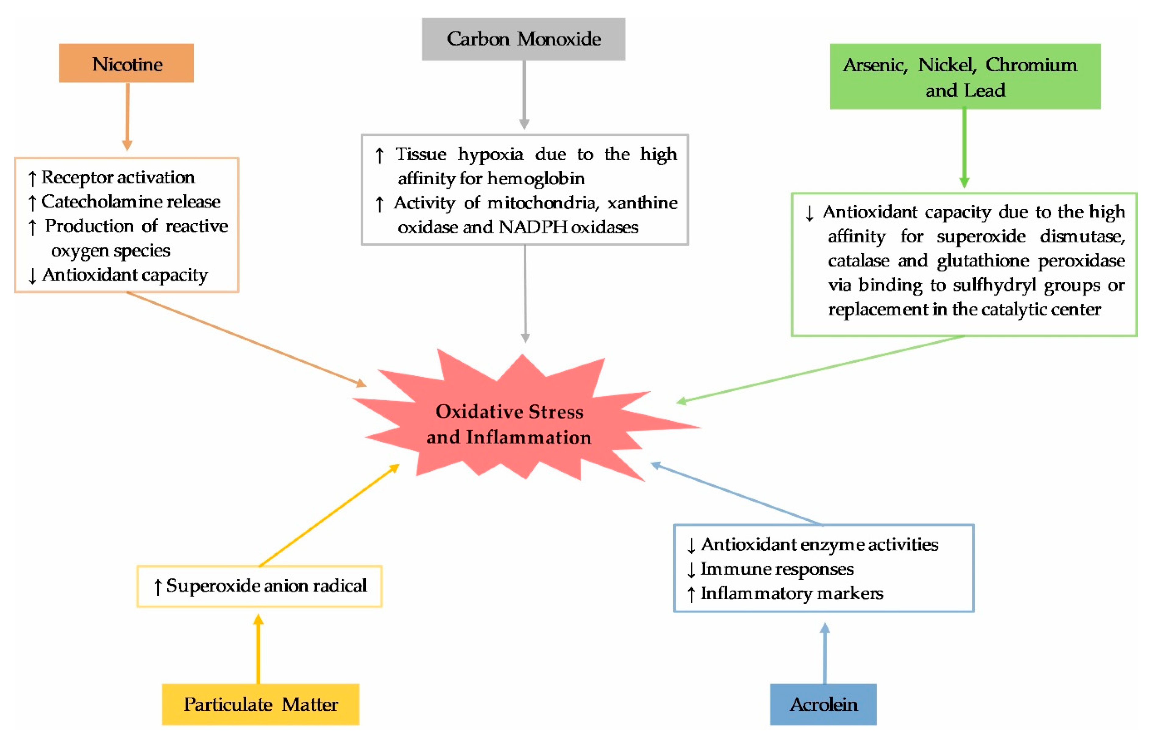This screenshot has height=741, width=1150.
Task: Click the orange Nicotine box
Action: pos(126,63)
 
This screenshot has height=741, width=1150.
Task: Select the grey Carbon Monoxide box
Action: pos(523,39)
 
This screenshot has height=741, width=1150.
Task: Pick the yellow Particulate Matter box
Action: pos(260,704)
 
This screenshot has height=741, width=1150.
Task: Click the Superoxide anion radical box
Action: pos(259,586)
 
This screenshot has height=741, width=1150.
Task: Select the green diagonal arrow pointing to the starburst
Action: pos(818,369)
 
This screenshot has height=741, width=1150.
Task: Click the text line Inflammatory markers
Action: pos(791,593)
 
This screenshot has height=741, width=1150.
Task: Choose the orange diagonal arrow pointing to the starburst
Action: pos(245,339)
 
